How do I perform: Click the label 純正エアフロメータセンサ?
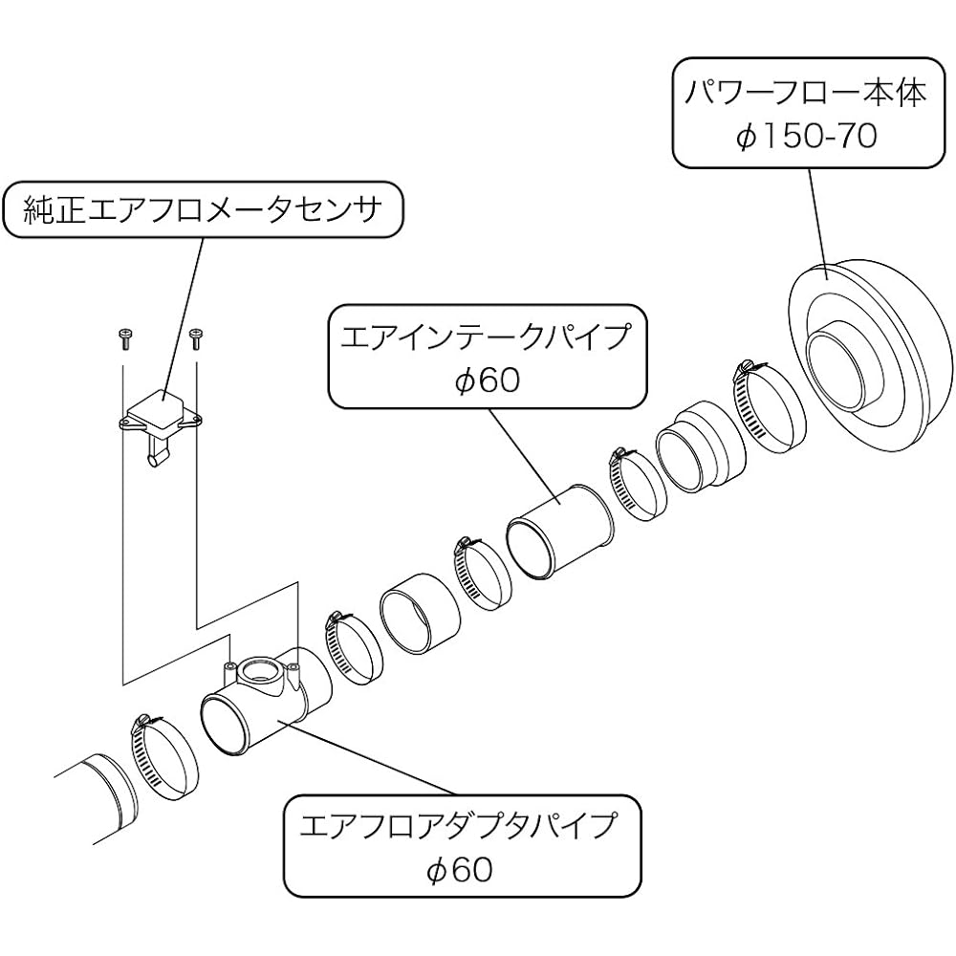[x=203, y=209]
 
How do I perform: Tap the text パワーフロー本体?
[x=806, y=94]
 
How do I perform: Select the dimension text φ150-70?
[x=806, y=136]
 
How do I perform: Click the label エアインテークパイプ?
[x=486, y=336]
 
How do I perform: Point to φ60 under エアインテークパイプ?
[x=487, y=380]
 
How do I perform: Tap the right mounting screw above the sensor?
[x=196, y=338]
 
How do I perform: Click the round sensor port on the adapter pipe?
[x=260, y=671]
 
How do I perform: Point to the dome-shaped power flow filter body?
[x=871, y=354]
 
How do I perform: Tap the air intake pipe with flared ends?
[x=559, y=531]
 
